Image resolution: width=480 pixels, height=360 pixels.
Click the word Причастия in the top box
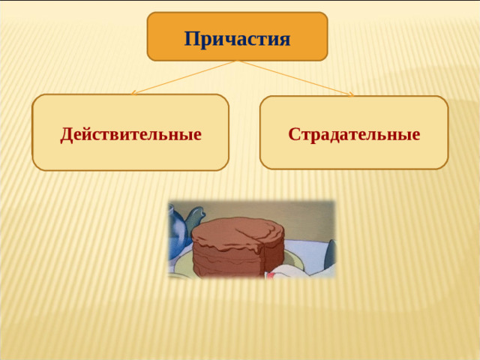coord(237,37)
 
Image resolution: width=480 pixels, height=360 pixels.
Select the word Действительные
coord(130,135)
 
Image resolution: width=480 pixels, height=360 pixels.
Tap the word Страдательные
coord(354,135)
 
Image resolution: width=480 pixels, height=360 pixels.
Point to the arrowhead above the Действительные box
coord(133,94)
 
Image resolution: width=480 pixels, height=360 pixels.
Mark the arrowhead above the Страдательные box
coord(351,94)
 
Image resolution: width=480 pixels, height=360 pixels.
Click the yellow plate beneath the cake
coord(296,259)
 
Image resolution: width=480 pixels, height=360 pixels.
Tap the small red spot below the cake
coord(268,275)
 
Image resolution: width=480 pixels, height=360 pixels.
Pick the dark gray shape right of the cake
coord(330,255)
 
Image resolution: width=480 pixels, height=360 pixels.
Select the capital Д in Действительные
coord(67,135)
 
